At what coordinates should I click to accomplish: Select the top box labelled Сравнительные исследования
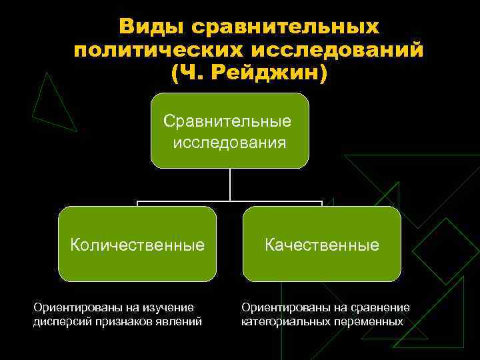coord(230,131)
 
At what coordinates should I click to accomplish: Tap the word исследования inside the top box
coord(230,142)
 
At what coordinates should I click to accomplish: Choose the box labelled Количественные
coord(137,244)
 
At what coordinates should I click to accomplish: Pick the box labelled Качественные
coord(321,244)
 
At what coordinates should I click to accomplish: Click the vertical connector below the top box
coord(230,183)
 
